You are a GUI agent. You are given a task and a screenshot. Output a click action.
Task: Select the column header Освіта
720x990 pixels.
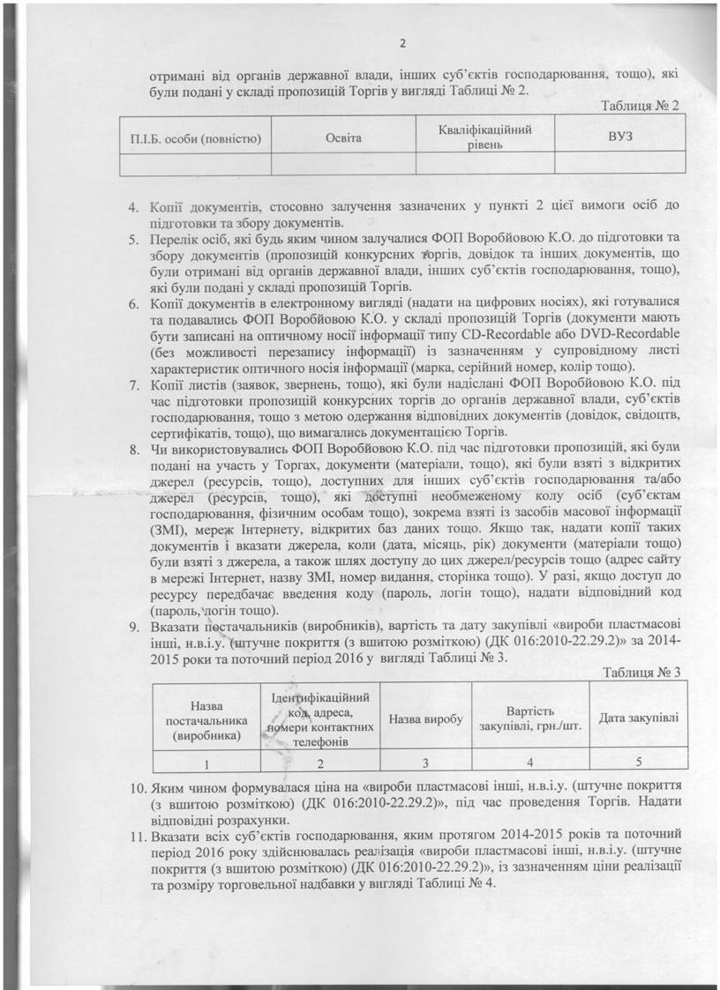tap(341, 137)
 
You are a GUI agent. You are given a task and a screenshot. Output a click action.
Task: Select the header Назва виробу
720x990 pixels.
tap(426, 719)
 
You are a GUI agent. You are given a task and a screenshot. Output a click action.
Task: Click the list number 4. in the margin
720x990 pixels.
tap(135, 206)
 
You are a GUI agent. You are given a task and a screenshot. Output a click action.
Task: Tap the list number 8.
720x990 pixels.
tap(135, 449)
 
